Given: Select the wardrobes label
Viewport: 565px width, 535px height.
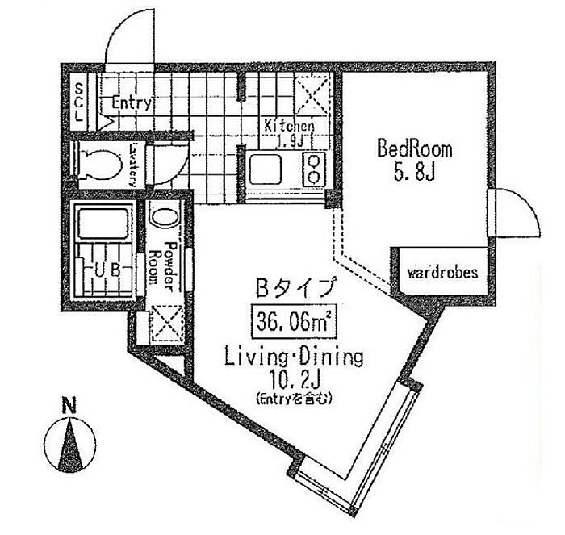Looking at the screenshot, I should click(x=442, y=273).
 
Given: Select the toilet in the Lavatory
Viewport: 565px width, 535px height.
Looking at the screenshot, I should click(x=100, y=161).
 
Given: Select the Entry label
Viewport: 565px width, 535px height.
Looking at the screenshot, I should click(x=132, y=103).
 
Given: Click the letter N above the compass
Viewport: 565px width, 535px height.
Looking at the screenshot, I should click(x=70, y=407).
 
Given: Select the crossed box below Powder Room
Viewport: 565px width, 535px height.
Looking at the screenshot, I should click(x=167, y=326).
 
